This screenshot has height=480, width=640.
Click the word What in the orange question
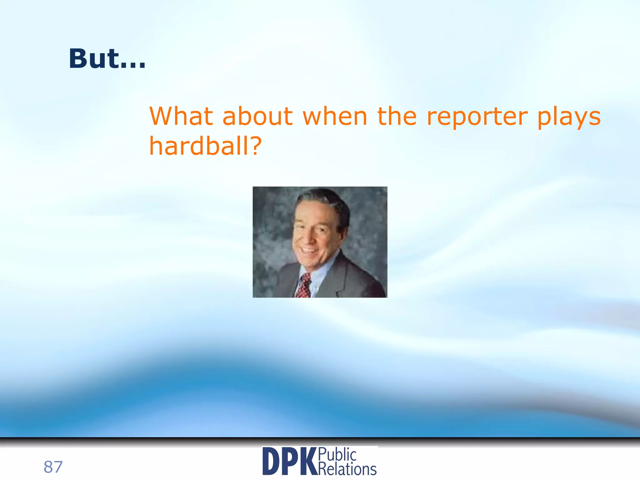pos(181,116)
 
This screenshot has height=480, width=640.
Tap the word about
pos(257,116)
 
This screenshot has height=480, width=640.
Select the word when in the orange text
pos(335,116)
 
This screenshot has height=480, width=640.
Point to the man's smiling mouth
pos(309,250)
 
